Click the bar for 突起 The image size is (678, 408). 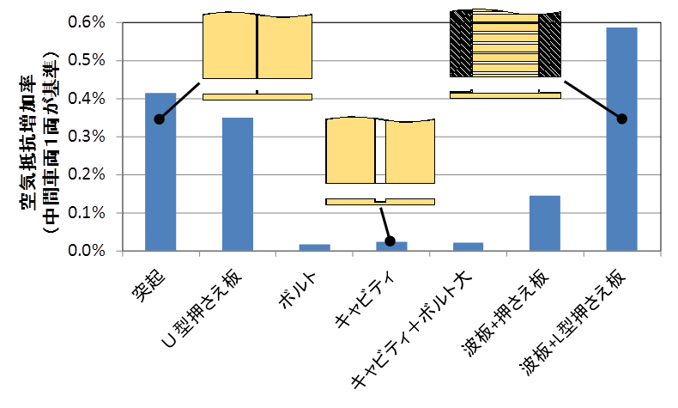tap(160, 172)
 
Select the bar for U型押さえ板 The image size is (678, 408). tap(238, 184)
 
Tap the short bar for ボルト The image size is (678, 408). tap(314, 247)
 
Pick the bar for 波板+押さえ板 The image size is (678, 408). tap(545, 223)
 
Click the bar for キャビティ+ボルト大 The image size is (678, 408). tap(468, 247)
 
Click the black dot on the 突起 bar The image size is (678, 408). tap(160, 119)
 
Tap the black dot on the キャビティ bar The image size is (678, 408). tap(390, 241)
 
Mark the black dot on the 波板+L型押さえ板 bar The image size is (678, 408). tap(622, 119)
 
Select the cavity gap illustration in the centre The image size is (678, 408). tap(379, 151)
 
